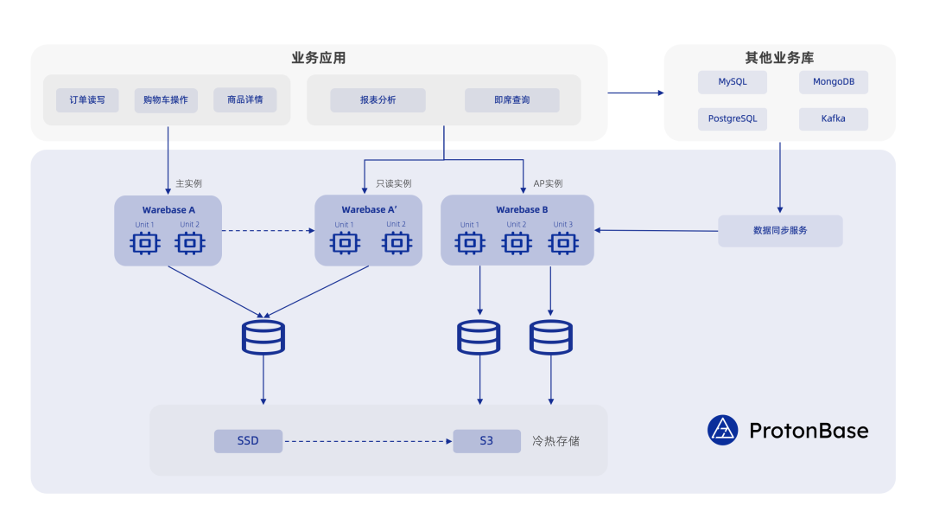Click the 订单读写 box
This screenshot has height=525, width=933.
(87, 100)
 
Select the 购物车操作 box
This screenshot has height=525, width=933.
(166, 100)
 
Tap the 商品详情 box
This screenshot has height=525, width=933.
(245, 100)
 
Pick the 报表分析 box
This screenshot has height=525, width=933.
(378, 100)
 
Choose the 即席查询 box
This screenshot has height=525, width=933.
(511, 100)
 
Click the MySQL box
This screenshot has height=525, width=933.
(733, 82)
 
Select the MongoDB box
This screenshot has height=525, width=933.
(833, 82)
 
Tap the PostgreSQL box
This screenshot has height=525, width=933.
(733, 118)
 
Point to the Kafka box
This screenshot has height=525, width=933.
(833, 118)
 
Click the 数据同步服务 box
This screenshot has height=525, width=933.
(780, 231)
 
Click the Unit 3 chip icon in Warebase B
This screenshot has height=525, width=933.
(563, 244)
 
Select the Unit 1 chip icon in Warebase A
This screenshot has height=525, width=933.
(144, 244)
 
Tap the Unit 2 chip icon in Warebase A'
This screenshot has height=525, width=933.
(396, 244)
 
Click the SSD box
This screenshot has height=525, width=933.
(248, 441)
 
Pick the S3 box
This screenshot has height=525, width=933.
(486, 441)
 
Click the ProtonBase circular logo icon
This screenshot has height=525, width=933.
(722, 430)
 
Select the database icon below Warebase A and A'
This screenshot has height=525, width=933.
(263, 337)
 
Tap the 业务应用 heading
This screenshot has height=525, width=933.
(319, 59)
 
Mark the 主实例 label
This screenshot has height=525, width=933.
(188, 183)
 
